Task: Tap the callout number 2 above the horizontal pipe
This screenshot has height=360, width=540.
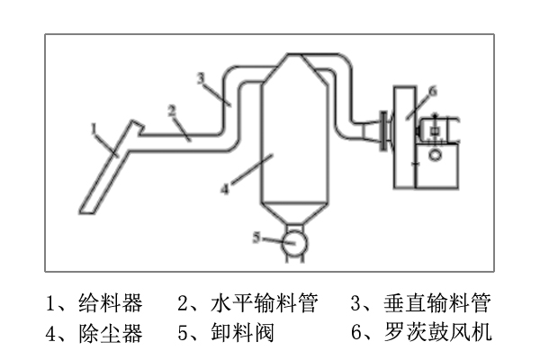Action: pos(170,110)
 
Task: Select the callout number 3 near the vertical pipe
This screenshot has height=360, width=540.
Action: pos(202,77)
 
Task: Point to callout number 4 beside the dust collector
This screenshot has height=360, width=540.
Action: pos(225,188)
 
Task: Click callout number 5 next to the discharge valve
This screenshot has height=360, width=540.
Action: pos(256,238)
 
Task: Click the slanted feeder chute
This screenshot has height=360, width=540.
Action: pos(108,171)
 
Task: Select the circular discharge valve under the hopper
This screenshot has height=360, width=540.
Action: pos(293,243)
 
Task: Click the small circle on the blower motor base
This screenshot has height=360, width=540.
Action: pos(436,155)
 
